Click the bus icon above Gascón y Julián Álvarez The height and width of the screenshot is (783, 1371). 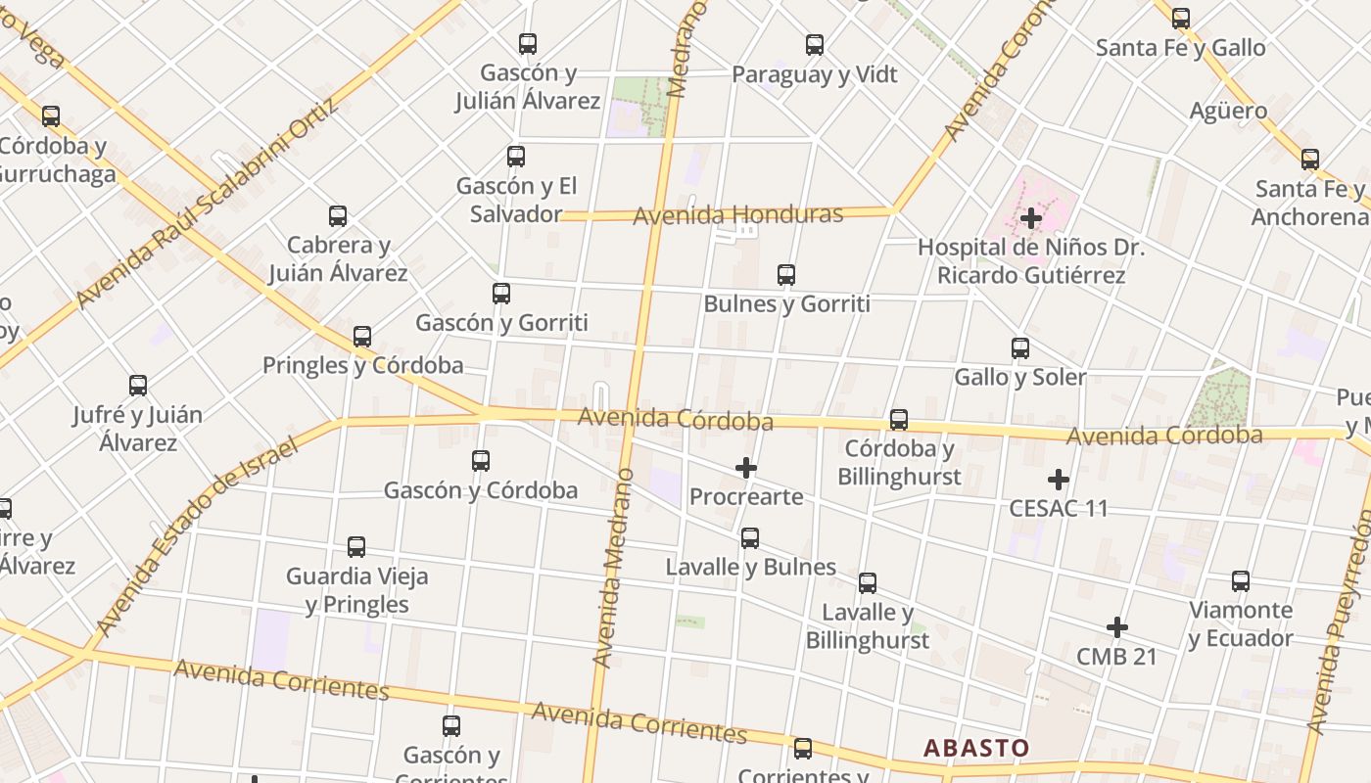click(528, 43)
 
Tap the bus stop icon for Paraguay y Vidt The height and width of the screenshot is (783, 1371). click(815, 44)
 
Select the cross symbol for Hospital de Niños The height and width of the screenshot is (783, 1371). click(1030, 218)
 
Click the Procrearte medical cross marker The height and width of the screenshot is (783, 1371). click(746, 468)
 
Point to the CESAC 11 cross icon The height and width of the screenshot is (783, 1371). click(1058, 480)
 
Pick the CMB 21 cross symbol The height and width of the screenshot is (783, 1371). click(1116, 626)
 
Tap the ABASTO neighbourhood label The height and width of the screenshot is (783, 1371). click(976, 749)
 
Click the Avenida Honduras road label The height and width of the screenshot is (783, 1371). click(738, 214)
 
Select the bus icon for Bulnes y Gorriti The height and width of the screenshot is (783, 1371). click(786, 275)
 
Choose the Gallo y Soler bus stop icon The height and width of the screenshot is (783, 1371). click(1020, 347)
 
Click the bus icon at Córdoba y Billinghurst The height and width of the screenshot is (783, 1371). click(899, 420)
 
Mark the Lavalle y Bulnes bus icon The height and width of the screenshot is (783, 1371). click(750, 537)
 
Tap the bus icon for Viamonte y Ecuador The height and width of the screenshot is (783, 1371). click(1241, 581)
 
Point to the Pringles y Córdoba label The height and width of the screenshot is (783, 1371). click(362, 365)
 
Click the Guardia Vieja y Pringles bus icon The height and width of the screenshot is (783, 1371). click(356, 547)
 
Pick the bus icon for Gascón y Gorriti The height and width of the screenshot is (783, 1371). click(501, 293)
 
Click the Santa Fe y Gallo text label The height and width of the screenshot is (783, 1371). click(1180, 47)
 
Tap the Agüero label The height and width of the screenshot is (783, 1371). click(1228, 111)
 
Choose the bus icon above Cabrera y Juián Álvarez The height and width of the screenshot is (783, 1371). click(338, 215)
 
